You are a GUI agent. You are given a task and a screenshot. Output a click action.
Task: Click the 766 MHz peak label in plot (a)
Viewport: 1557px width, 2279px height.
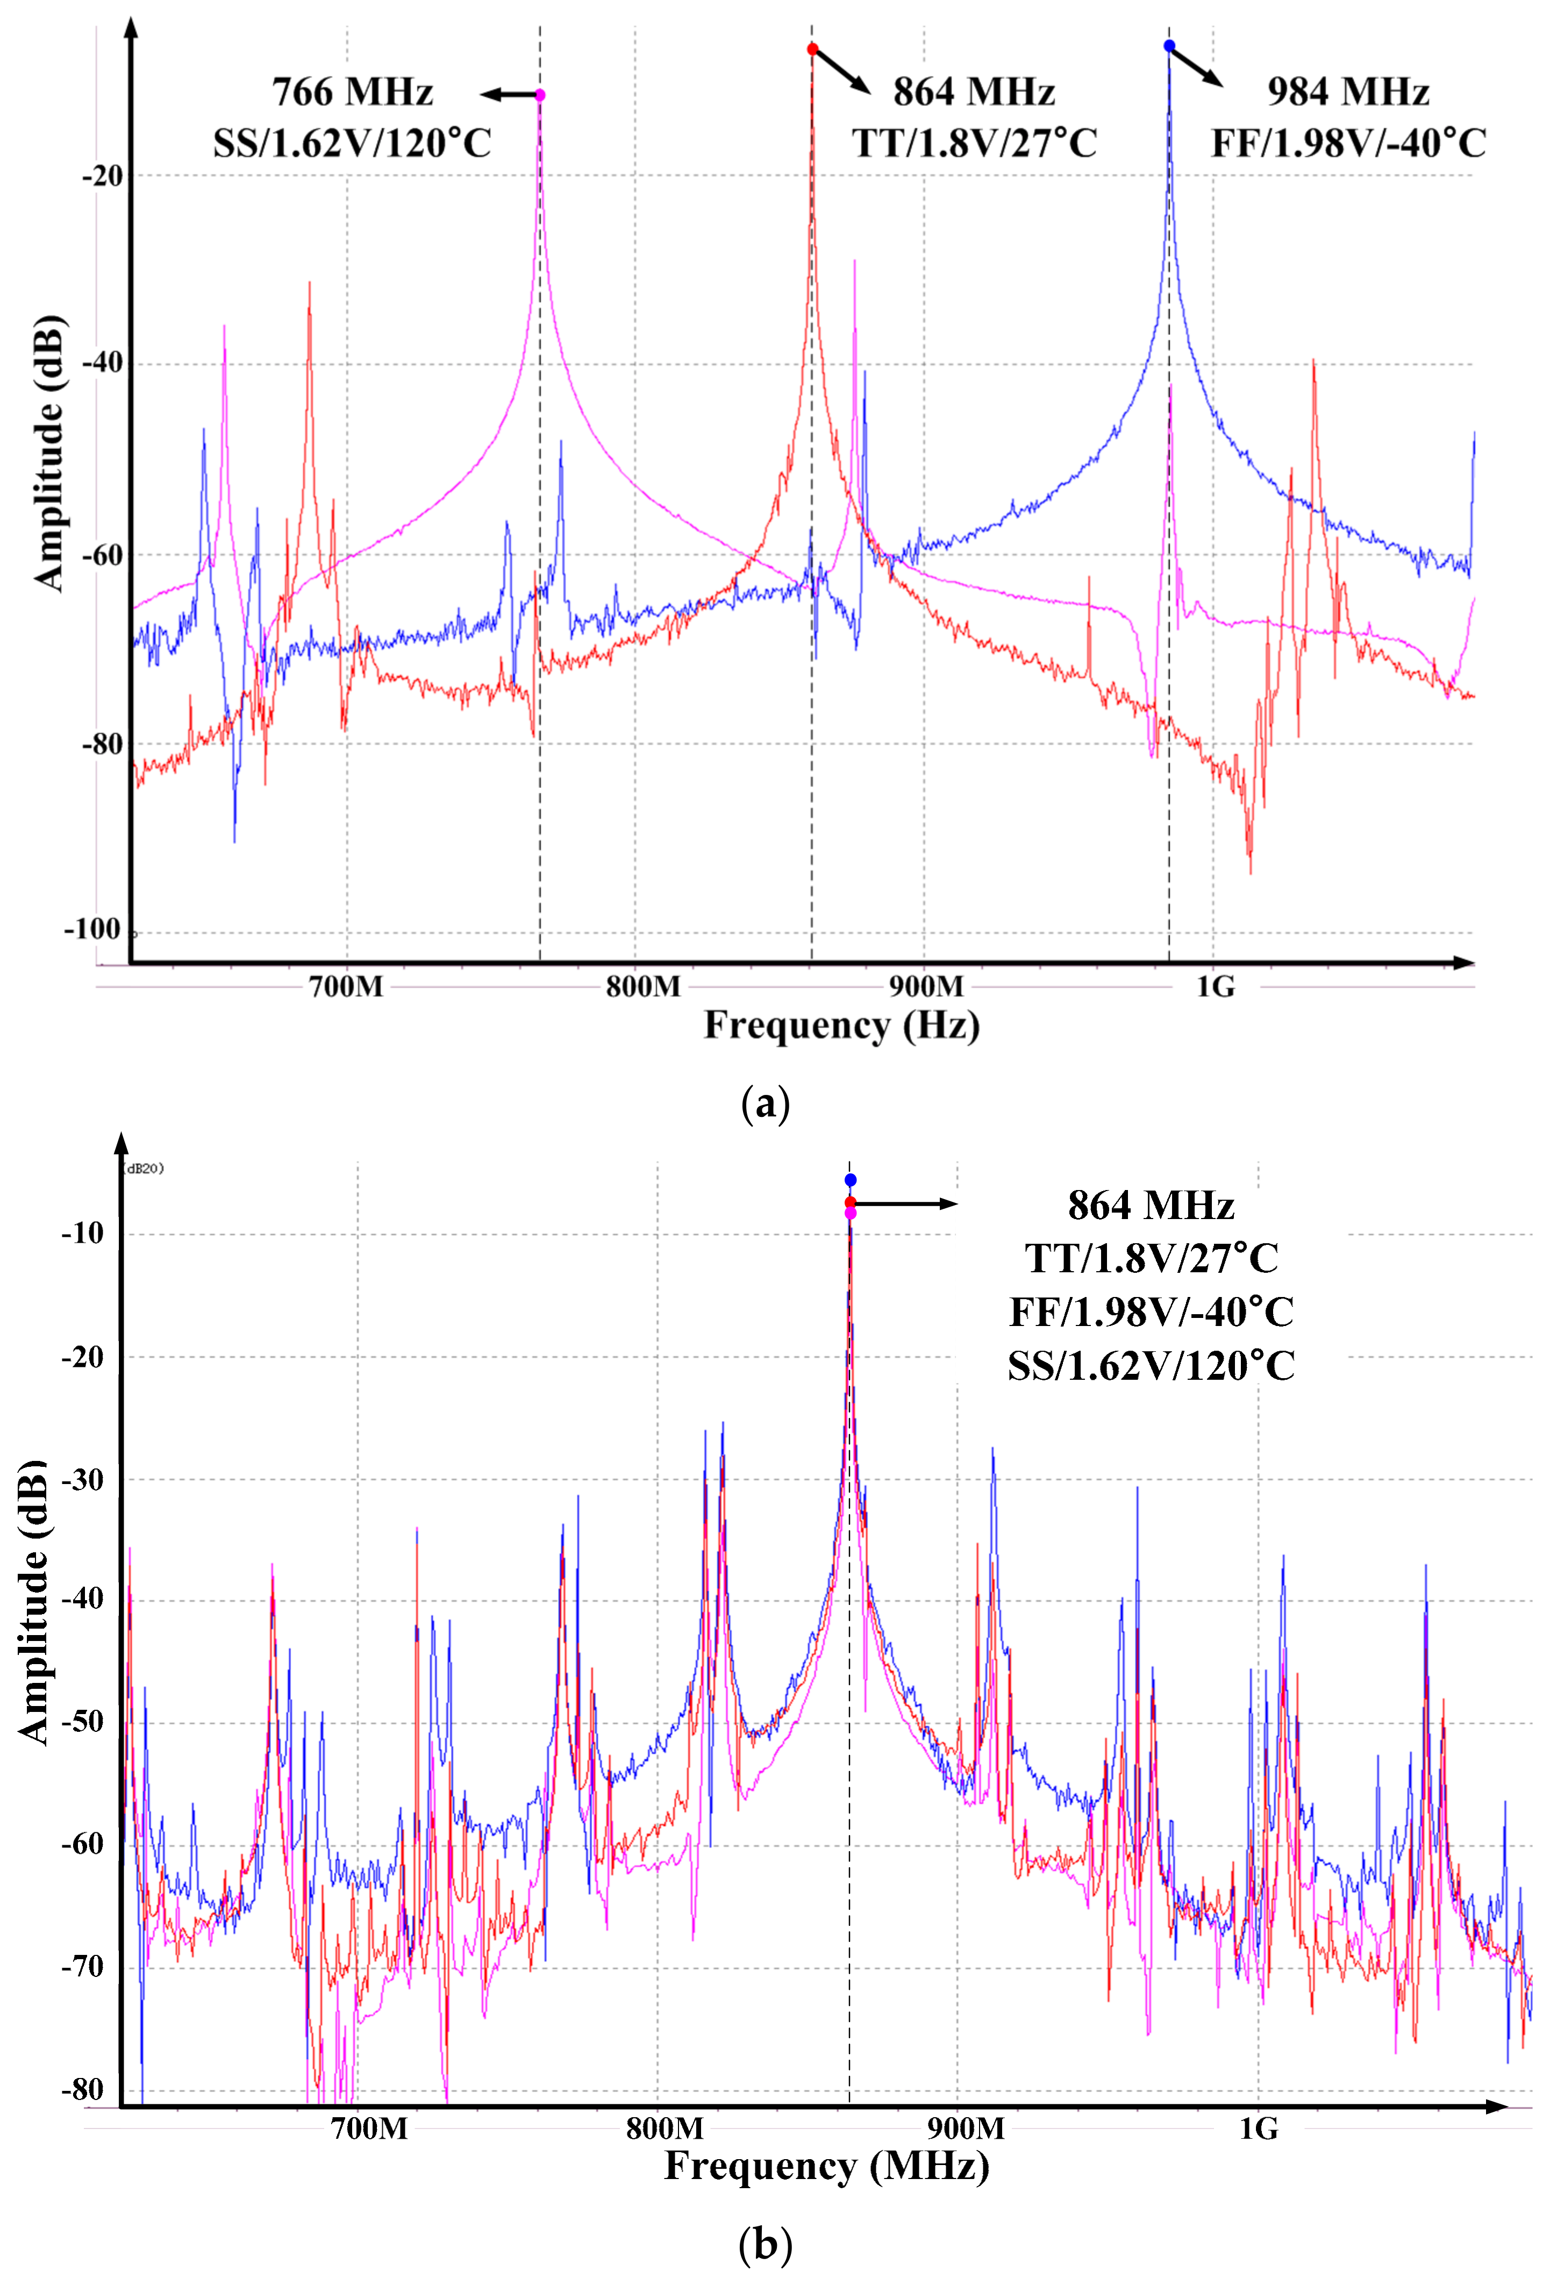pyautogui.click(x=352, y=91)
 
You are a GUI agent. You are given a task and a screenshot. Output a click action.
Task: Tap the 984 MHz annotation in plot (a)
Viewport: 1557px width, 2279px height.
pyautogui.click(x=1348, y=91)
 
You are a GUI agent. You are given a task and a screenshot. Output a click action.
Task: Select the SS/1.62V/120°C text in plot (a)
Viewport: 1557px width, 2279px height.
pyautogui.click(x=352, y=143)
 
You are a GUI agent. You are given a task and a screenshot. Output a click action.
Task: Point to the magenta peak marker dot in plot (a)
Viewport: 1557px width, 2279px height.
pyautogui.click(x=540, y=95)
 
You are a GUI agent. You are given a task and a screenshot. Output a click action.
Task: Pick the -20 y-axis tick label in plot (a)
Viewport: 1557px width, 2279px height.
pyautogui.click(x=102, y=176)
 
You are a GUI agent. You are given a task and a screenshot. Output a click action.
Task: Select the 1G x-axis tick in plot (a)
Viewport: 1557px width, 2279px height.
pyautogui.click(x=1215, y=986)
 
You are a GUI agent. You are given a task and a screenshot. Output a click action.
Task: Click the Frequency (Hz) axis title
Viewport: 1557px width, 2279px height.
pyautogui.click(x=842, y=1026)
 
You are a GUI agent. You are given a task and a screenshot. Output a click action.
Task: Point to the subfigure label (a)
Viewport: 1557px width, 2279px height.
pyautogui.click(x=765, y=1104)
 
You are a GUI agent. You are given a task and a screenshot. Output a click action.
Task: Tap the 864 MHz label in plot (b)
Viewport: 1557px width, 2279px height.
pyautogui.click(x=1151, y=1205)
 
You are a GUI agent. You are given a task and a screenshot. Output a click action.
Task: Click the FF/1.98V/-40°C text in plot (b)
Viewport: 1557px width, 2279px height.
pyautogui.click(x=1152, y=1312)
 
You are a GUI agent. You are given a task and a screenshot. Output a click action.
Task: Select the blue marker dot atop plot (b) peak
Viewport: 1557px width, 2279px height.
pyautogui.click(x=851, y=1180)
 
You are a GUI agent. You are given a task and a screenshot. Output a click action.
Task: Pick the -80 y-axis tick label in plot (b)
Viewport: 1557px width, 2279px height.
pyautogui.click(x=82, y=2090)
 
